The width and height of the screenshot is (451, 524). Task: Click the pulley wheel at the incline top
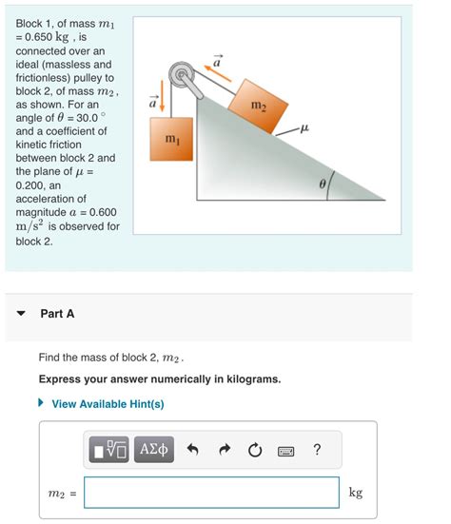178,74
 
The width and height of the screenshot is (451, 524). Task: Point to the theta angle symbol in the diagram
323,180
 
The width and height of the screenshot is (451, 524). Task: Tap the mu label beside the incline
304,125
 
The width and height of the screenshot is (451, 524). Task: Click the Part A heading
57,313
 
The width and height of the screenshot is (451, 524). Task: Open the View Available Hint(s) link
108,403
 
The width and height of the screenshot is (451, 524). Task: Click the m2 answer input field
211,492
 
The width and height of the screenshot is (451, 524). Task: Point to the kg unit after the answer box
355,492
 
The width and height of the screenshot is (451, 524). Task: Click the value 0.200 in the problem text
35,185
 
